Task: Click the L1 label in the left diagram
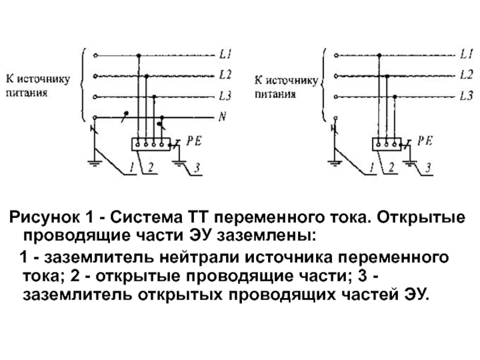click(225, 55)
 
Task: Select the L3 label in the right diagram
click(466, 96)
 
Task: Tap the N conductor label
click(222, 116)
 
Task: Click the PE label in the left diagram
click(194, 141)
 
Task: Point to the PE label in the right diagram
click(425, 140)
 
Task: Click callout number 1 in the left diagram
click(131, 167)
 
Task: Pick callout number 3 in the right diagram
click(428, 167)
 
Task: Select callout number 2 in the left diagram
click(151, 167)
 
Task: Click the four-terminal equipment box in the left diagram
click(151, 144)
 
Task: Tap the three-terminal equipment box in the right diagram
click(386, 144)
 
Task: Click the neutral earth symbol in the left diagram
click(95, 163)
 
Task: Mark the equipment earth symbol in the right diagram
click(410, 163)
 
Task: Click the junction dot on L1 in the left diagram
click(139, 55)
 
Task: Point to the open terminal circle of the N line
click(95, 118)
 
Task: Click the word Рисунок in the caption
click(44, 217)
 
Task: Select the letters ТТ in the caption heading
click(196, 217)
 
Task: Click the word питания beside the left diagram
click(27, 93)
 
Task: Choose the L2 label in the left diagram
click(225, 75)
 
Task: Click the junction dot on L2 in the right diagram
click(387, 76)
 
